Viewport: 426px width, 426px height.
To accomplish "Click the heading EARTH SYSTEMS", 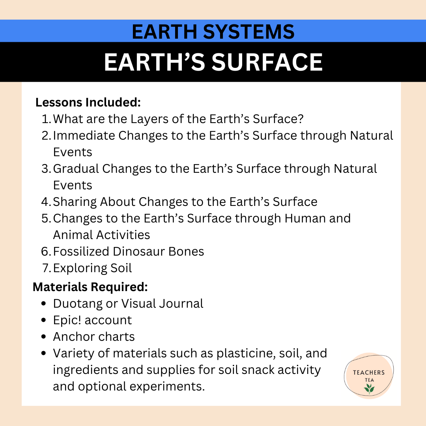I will click(x=213, y=32).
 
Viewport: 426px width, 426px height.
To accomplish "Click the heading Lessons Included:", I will click(x=88, y=103).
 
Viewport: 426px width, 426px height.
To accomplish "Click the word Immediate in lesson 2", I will click(x=84, y=135).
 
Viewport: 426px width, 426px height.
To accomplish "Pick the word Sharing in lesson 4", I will click(x=75, y=202).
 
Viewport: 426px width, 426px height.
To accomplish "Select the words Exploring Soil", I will click(x=92, y=268).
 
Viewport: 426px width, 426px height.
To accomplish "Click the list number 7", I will click(x=46, y=268).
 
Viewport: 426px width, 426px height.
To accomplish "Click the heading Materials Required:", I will click(x=90, y=287).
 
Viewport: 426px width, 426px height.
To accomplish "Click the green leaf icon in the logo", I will click(x=369, y=389).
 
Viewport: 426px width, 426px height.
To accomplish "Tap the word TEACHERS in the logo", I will click(x=369, y=372).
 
